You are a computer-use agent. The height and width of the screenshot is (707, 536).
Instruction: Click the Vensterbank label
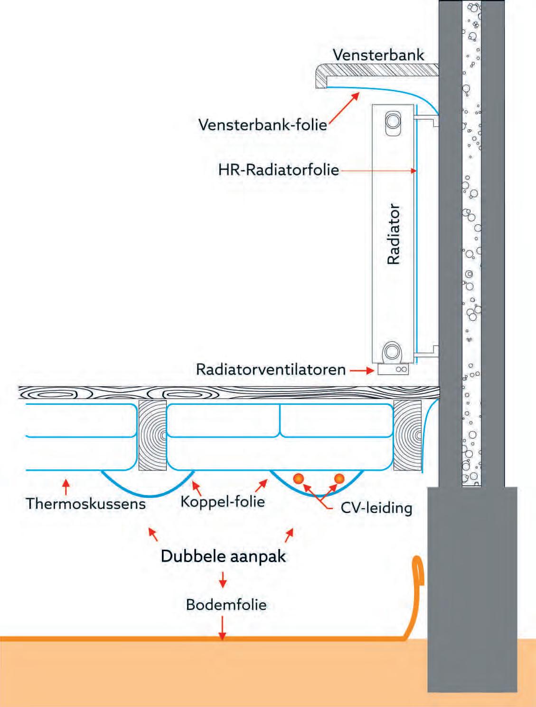378,55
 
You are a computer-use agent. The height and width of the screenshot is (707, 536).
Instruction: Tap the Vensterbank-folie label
263,124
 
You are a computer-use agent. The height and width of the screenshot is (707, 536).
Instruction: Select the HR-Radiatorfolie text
279,170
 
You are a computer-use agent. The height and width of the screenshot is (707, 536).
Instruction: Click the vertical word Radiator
394,234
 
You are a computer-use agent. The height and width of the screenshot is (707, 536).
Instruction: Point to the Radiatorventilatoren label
271,369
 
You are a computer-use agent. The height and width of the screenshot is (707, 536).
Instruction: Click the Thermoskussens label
86,503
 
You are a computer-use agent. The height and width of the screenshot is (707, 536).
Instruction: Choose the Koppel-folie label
223,501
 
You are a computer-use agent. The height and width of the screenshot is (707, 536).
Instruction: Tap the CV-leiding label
376,508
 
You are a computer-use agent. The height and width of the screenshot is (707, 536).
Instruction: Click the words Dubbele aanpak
223,556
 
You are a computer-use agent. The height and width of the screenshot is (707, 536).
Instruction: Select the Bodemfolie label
226,604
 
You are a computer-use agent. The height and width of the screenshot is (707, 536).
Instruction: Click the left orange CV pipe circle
299,478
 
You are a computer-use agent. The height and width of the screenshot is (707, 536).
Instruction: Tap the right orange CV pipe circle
339,478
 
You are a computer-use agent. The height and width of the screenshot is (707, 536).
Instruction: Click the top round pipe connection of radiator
393,121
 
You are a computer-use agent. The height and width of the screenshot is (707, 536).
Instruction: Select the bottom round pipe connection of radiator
392,351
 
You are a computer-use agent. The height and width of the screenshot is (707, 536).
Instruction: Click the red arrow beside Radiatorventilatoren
363,370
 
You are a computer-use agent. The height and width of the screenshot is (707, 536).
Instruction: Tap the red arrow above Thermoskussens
66,486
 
